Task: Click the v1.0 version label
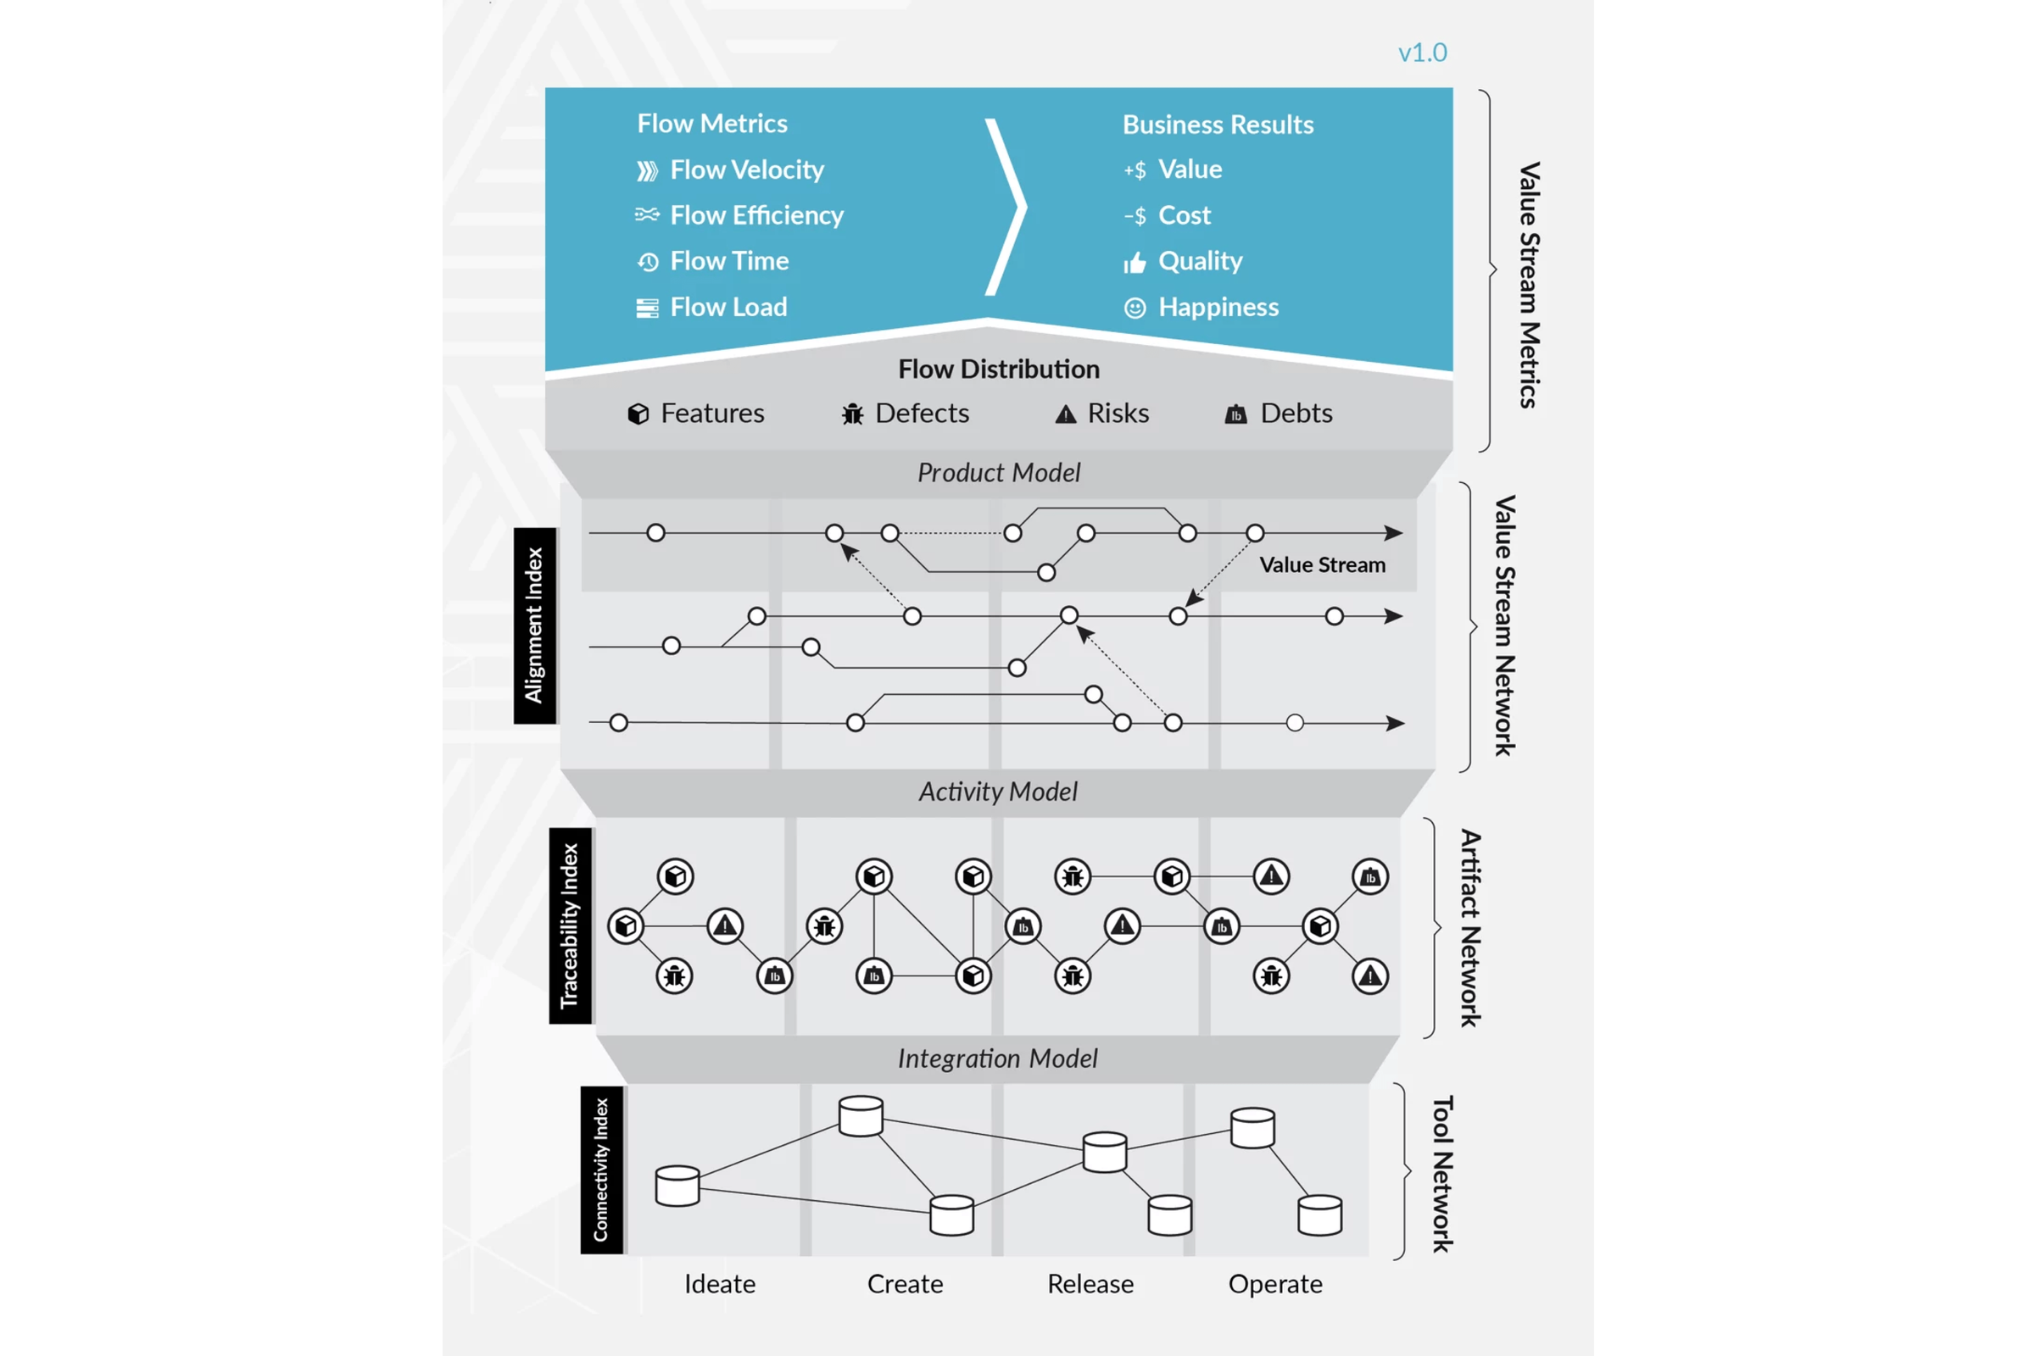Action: tap(1422, 53)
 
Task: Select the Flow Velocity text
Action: tap(747, 169)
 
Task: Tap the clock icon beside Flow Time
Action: tap(648, 262)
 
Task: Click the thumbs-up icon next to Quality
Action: tap(1135, 262)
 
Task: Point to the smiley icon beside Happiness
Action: tap(1135, 308)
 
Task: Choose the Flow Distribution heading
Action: tap(999, 370)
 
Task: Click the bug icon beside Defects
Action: tap(852, 414)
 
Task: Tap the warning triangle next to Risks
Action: tap(1065, 415)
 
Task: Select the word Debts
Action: tap(1296, 414)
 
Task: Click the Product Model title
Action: tap(999, 473)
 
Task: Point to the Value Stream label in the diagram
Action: tap(1321, 564)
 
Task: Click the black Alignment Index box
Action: tap(535, 625)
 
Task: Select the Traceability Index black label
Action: tap(569, 925)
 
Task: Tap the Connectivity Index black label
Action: tap(601, 1170)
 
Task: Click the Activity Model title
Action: tap(998, 792)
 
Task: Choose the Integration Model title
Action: tap(997, 1059)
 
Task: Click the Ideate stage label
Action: tap(719, 1283)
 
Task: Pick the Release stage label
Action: tap(1090, 1283)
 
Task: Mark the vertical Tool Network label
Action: tap(1441, 1174)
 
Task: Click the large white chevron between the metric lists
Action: tap(1007, 208)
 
